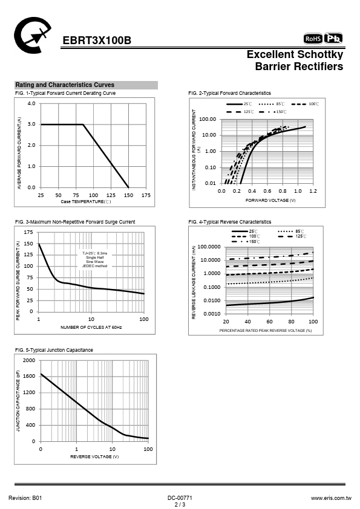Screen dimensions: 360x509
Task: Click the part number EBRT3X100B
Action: tap(97, 41)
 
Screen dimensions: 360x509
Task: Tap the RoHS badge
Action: tap(313, 39)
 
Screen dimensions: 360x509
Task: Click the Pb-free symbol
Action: tap(333, 38)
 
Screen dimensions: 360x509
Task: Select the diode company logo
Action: tap(32, 36)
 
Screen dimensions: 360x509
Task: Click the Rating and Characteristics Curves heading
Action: tap(65, 85)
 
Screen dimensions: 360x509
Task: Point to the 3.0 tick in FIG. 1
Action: tap(31, 125)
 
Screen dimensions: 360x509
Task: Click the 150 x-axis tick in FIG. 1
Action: tap(128, 195)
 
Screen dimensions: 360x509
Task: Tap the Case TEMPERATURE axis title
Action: tap(86, 201)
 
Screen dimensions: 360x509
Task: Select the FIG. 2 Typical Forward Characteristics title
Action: tap(229, 93)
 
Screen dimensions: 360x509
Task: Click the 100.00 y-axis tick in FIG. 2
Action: tap(208, 119)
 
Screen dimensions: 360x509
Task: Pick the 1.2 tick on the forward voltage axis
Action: tap(313, 191)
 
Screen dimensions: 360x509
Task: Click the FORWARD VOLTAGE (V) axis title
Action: tap(270, 200)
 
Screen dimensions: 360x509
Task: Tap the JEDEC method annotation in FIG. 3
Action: tap(94, 266)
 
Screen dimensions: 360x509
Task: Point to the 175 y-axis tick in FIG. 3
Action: tap(28, 232)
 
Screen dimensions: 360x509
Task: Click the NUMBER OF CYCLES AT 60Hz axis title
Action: tap(91, 327)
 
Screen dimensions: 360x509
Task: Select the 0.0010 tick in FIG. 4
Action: tap(212, 314)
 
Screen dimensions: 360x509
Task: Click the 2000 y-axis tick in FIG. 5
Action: tap(29, 360)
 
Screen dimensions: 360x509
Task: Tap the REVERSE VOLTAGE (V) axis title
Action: tap(94, 456)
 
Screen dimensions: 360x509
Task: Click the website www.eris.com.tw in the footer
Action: tap(331, 498)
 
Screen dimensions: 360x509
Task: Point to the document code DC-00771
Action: tap(180, 498)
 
